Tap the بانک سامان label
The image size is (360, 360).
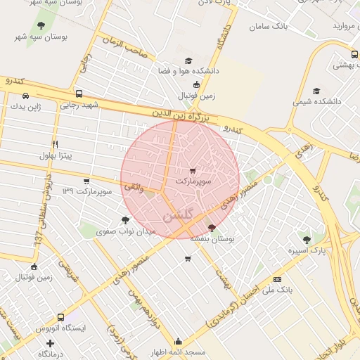tap(269, 27)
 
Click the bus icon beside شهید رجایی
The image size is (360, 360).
tap(78, 94)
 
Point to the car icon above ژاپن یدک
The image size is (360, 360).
tap(25, 96)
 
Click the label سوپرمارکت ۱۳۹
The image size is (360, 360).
tap(87, 191)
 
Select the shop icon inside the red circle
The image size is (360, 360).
tap(193, 170)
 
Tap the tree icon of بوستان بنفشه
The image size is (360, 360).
tap(212, 227)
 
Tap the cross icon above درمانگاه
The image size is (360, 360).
tap(49, 343)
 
